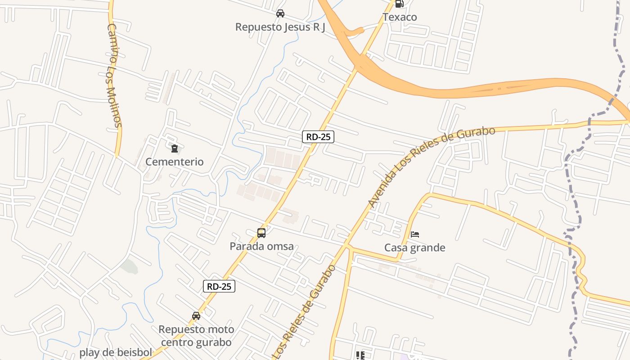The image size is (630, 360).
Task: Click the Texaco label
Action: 400,17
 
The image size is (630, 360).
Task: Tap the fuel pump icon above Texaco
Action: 399,4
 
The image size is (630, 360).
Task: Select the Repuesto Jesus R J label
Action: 280,27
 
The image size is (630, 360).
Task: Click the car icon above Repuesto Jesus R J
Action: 280,13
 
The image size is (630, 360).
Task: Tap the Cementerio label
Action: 174,162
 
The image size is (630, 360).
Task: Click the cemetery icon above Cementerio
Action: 174,148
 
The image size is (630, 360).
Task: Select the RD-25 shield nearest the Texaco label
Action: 318,137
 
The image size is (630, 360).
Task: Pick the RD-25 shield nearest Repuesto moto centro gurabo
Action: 219,286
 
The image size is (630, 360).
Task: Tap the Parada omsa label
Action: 261,246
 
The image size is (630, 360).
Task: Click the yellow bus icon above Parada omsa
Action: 261,233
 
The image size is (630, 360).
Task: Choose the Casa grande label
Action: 414,247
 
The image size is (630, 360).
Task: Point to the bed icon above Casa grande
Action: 415,234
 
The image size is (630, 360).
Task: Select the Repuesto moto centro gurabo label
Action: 196,336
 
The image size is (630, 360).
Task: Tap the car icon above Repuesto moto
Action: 196,316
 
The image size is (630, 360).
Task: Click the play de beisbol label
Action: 116,352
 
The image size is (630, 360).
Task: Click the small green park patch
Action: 129,266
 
